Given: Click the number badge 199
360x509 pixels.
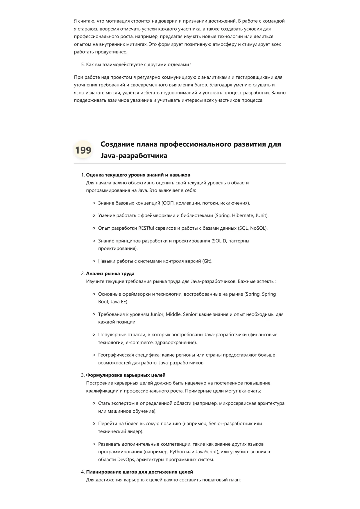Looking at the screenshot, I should click(x=83, y=150).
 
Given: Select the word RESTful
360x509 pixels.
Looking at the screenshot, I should click(x=146, y=228).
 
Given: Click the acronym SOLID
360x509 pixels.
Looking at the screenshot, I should click(x=219, y=241).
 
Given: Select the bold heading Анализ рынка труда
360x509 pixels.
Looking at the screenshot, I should click(x=110, y=274).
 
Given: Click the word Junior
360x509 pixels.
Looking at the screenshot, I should click(x=157, y=314).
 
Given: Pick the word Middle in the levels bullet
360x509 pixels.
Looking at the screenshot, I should click(x=173, y=314).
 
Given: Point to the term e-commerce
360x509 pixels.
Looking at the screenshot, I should click(x=139, y=342).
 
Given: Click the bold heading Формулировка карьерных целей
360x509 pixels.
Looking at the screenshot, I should click(x=126, y=375).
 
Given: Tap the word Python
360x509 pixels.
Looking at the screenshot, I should click(x=177, y=452).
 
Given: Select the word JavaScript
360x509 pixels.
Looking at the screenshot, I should click(x=207, y=452).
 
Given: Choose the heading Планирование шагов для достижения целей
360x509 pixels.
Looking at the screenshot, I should click(x=139, y=472).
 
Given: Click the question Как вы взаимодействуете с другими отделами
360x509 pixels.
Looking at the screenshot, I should click(x=139, y=64).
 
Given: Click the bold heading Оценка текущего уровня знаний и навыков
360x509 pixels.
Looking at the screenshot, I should click(x=138, y=175).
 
